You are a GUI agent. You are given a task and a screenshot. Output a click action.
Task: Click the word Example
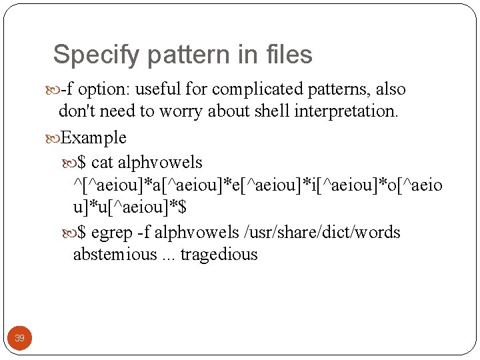(93, 138)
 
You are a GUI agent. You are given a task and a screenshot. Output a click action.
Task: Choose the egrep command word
(111, 233)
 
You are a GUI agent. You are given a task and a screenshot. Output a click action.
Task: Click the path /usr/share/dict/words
(323, 233)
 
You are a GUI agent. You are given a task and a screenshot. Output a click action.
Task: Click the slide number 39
(20, 338)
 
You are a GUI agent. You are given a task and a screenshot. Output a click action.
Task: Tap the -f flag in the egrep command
(143, 233)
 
